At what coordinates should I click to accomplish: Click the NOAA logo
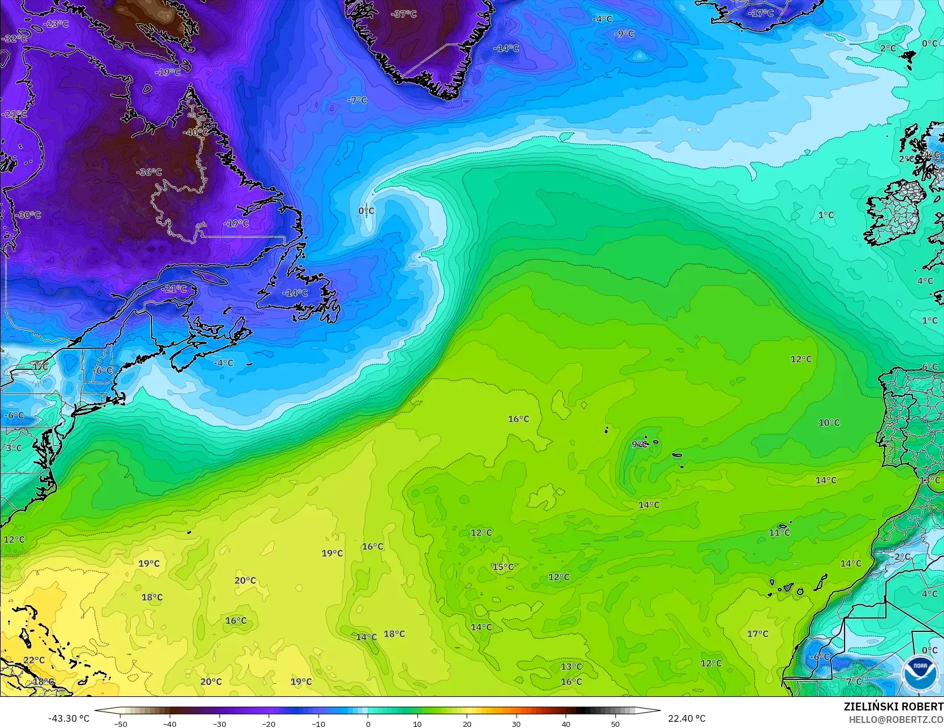point(920,673)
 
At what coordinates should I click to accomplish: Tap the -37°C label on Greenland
point(403,14)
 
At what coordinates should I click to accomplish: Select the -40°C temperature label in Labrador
point(196,132)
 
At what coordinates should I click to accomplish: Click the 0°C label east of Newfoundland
point(366,211)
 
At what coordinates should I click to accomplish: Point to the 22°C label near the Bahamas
point(33,660)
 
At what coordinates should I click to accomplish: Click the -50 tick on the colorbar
point(120,723)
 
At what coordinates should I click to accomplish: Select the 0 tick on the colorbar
point(368,723)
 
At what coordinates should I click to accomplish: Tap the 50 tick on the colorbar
point(615,723)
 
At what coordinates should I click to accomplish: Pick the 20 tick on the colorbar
point(467,723)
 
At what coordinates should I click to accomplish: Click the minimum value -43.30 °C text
point(68,718)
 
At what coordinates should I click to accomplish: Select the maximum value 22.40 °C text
point(687,718)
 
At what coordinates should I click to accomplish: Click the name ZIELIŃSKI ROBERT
point(893,707)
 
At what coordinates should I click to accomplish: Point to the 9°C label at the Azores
point(640,444)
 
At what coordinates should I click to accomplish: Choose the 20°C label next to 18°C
point(245,580)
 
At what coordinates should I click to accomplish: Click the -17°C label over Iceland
point(761,13)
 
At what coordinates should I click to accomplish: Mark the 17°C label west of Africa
point(757,634)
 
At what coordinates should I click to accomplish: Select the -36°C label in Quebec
point(149,172)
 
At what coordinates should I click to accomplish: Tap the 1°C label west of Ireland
point(826,215)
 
